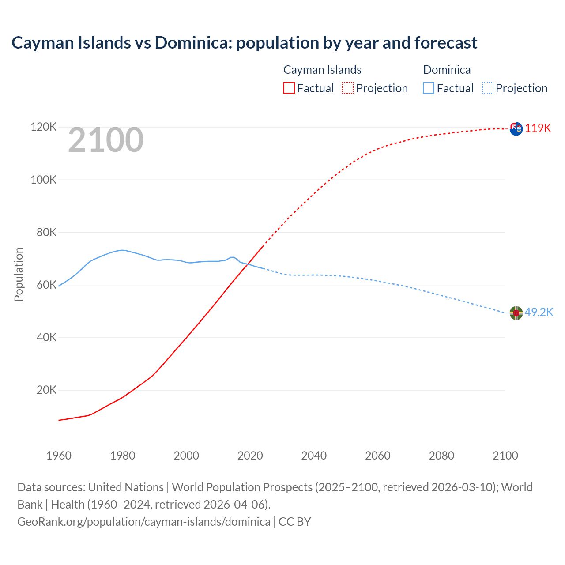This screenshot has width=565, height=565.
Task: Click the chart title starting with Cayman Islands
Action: click(244, 43)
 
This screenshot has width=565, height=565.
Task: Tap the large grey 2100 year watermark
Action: click(105, 140)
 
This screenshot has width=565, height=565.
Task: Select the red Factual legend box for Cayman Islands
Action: click(289, 88)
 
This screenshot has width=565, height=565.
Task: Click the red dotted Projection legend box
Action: click(348, 88)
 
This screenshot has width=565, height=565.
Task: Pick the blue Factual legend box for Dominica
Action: click(428, 88)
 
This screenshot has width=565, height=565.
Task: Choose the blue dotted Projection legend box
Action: click(488, 88)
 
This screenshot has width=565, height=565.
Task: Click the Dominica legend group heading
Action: click(447, 70)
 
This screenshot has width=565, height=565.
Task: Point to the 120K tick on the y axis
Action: click(44, 127)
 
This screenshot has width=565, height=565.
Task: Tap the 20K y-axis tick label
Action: click(46, 390)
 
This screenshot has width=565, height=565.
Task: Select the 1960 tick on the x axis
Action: click(59, 456)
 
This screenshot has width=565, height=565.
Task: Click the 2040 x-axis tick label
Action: click(314, 456)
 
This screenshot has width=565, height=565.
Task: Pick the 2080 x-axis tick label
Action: click(441, 456)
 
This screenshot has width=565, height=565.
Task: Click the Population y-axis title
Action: click(19, 274)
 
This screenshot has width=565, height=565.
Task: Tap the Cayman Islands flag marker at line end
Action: click(516, 128)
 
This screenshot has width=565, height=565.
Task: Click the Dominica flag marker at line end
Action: click(516, 313)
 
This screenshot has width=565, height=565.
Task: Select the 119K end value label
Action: click(538, 128)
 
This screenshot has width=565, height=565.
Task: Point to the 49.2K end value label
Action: click(539, 312)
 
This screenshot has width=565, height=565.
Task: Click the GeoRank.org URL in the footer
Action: click(143, 521)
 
